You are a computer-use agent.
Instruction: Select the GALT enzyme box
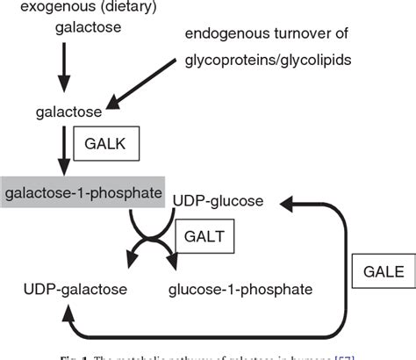[x=204, y=235]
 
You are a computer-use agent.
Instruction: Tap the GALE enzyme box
[x=381, y=272]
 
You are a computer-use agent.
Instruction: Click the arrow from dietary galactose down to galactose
[x=61, y=67]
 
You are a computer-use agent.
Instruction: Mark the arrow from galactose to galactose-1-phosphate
[x=61, y=149]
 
